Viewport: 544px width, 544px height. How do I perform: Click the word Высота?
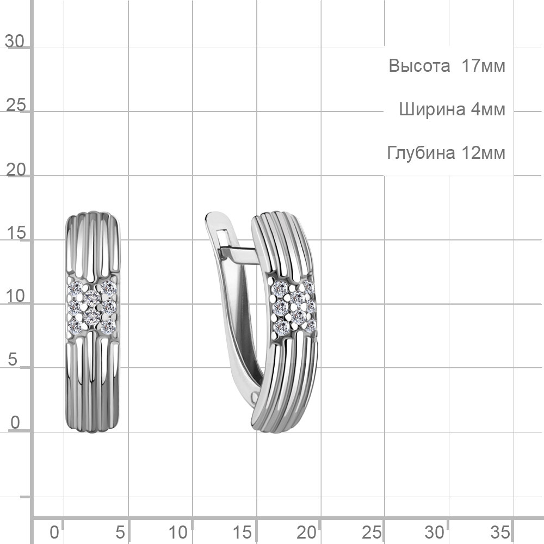click(419, 66)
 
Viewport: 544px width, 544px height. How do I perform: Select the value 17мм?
click(483, 66)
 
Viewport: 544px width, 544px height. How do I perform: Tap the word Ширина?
click(432, 109)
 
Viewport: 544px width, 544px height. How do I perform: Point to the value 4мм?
click(488, 109)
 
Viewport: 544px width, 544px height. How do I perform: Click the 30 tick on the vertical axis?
click(15, 41)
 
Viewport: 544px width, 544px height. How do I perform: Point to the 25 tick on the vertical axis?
click(16, 105)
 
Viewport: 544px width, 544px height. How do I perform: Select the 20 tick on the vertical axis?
click(16, 170)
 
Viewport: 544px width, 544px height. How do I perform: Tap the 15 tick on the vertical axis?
click(16, 233)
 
